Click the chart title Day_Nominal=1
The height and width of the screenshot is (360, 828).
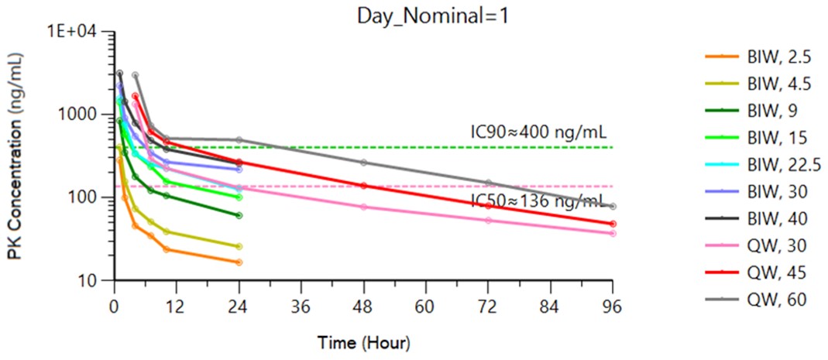(432, 15)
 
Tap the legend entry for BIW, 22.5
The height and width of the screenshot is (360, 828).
(773, 163)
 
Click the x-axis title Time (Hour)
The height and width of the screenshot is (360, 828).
(364, 341)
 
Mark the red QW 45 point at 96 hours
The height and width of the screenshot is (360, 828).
(613, 224)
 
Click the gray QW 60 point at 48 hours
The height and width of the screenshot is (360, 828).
(363, 163)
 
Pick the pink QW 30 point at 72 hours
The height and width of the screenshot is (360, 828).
(488, 221)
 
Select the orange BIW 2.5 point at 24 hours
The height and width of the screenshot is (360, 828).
(239, 262)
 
